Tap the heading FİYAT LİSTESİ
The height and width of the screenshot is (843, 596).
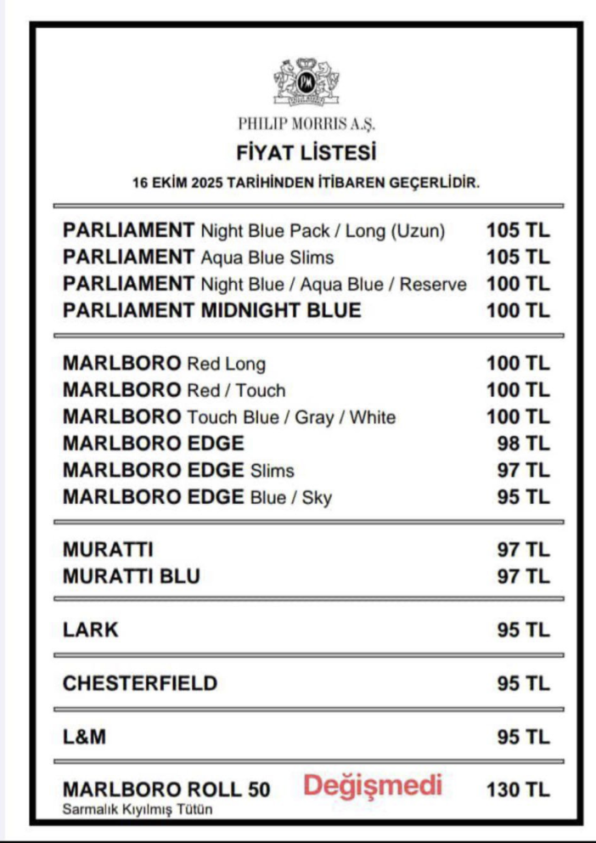pos(306,155)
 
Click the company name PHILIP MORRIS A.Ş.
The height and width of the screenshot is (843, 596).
pos(306,124)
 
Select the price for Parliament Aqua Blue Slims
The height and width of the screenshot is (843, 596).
pos(518,257)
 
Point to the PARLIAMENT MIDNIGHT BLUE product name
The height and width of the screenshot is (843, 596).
pos(211,310)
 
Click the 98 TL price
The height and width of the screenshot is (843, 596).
pos(523,443)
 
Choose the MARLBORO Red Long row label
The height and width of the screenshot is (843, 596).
pos(164,364)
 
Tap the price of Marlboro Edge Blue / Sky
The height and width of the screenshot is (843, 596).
pos(523,496)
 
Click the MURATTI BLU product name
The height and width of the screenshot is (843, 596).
pos(132,576)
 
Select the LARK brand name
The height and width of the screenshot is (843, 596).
pos(91,630)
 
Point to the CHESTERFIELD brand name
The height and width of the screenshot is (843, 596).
pos(140,683)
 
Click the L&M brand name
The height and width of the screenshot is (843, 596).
pos(85,737)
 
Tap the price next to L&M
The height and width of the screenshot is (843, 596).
pos(523,737)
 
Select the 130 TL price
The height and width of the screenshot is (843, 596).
pos(518,789)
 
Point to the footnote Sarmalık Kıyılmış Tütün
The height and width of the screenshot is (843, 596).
pos(138,810)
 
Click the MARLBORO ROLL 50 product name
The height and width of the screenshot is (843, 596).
pos(166,789)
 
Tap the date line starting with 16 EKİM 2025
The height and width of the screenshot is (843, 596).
pos(306,182)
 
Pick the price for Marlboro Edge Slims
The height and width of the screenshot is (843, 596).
pos(523,469)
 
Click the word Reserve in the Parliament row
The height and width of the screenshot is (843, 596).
pos(433,284)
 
